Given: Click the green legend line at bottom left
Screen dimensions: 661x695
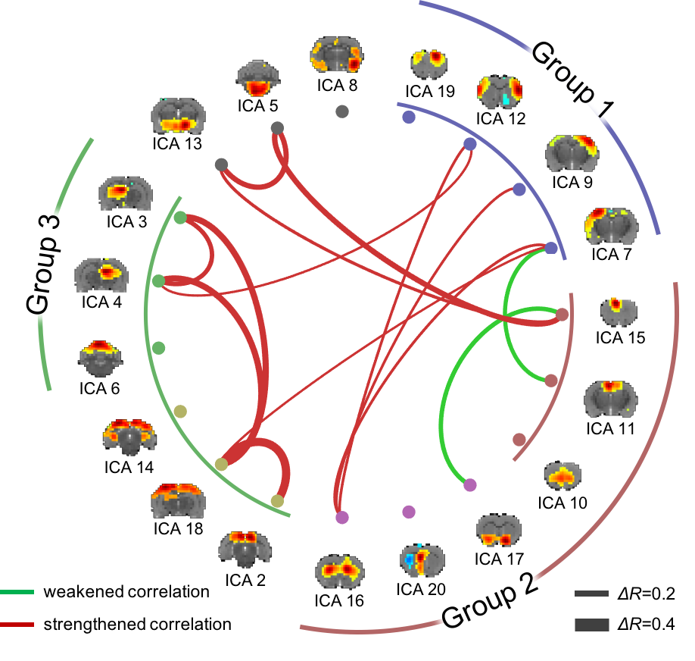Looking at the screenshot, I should point(17,591).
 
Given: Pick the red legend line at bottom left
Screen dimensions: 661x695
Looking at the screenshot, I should point(17,625).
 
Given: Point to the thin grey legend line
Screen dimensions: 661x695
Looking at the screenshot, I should point(591,594).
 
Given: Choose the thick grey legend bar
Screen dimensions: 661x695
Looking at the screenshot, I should point(591,625).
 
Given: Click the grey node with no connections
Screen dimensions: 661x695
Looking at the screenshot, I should point(341,111).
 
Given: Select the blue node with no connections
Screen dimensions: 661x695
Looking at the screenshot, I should point(409,117).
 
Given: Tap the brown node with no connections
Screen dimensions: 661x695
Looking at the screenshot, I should point(519,440).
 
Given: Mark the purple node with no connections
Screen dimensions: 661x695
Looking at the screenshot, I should point(409,512).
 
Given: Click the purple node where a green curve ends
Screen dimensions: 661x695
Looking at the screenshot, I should point(470,484).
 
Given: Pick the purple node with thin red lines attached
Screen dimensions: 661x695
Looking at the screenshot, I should point(342,517).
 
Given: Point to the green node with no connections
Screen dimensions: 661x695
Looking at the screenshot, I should point(158,347).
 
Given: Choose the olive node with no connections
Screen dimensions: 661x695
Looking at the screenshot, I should point(180,412).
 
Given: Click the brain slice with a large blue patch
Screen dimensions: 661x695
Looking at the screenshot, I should point(422,559).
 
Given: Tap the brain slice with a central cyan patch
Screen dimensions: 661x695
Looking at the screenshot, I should point(500,91).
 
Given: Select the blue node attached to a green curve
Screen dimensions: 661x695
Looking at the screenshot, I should point(551,248).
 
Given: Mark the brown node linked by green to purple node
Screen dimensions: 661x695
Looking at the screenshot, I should point(563,314).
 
